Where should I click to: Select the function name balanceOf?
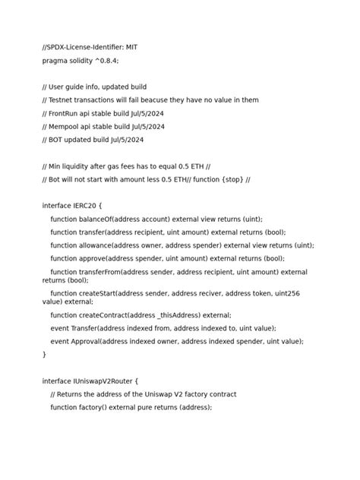coord(95,219)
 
